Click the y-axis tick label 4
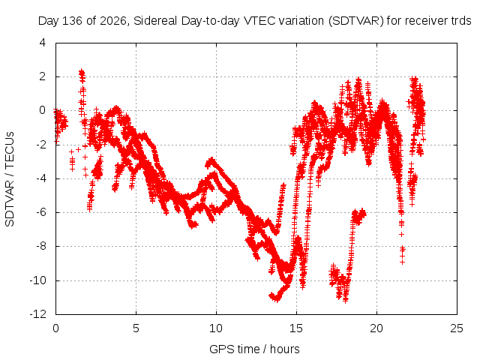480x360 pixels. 43,43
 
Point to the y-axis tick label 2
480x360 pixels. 43,76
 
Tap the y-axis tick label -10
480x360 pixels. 38,280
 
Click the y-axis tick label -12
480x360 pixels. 38,314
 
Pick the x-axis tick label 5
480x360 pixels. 136,328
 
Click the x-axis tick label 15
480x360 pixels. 296,328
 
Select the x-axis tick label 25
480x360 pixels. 457,328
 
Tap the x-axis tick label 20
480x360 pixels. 376,328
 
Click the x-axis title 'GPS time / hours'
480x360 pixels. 254,349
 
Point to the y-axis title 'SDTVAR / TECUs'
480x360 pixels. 10,179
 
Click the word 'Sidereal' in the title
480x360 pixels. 155,21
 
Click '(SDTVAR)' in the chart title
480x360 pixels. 355,21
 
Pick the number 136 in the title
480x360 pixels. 72,21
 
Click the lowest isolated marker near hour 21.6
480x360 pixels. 402,262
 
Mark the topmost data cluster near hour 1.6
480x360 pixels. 82,73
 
